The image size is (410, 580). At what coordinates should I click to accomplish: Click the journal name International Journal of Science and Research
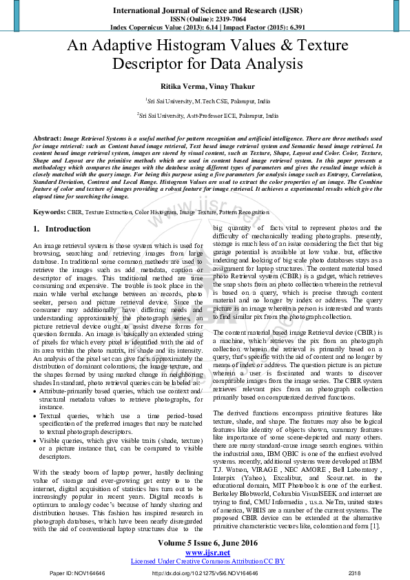pos(205,10)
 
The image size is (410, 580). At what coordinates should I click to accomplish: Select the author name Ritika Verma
pos(183,86)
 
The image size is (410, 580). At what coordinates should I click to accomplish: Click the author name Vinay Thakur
pos(226,86)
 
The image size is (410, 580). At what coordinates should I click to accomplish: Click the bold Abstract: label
pos(46,138)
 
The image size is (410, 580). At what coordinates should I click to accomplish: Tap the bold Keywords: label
pos(49,213)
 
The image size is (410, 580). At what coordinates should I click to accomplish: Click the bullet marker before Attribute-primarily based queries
pos(35,391)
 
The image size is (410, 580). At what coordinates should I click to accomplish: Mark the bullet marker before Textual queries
pos(35,417)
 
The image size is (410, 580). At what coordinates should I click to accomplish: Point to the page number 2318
pos(354,572)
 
